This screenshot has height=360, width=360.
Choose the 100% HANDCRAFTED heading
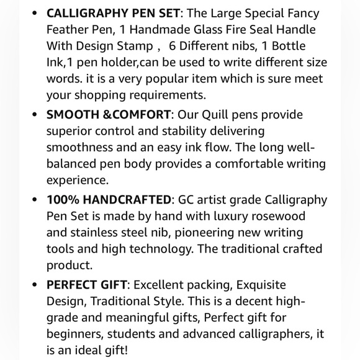tap(109, 200)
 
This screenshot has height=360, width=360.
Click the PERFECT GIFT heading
tap(87, 286)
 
